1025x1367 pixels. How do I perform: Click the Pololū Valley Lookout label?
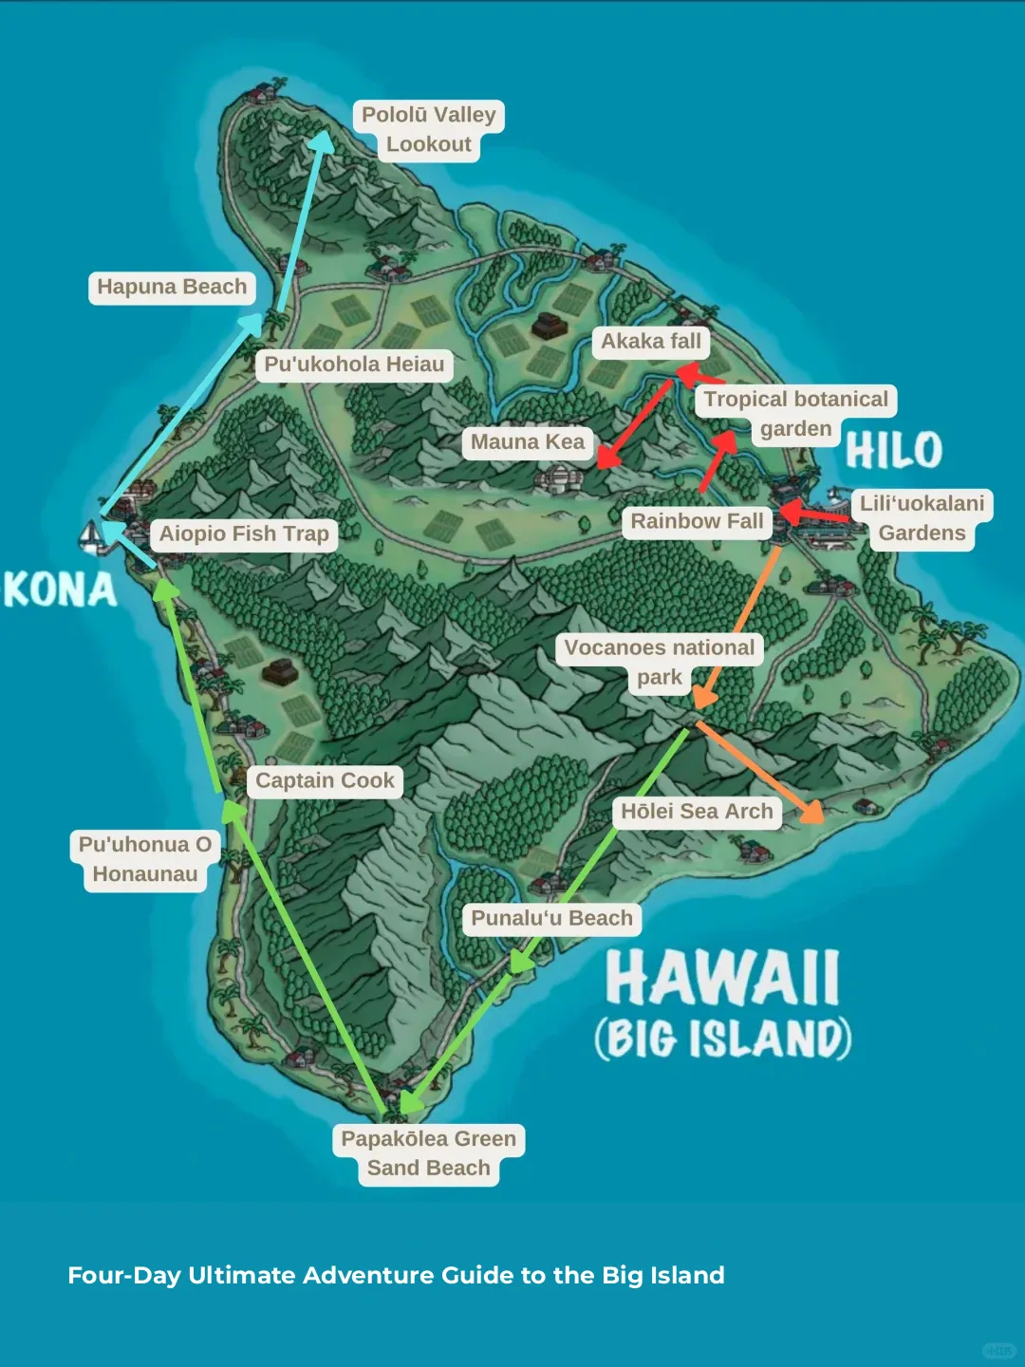(428, 129)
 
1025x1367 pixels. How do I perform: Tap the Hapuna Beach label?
(172, 287)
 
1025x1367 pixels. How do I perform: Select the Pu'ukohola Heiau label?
(354, 365)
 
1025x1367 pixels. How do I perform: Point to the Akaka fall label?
(651, 342)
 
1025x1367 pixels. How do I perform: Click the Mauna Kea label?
(528, 442)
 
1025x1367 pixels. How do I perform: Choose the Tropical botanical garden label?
(795, 414)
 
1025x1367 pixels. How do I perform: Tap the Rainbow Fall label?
(697, 521)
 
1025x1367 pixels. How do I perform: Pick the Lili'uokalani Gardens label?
(922, 518)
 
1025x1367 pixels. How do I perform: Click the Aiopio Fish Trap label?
(244, 534)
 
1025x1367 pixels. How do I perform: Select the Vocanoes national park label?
(660, 662)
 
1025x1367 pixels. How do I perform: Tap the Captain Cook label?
(325, 780)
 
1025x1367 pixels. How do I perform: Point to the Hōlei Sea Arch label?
(697, 812)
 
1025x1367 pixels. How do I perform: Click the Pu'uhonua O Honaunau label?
(145, 859)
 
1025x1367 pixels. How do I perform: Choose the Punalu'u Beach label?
(551, 918)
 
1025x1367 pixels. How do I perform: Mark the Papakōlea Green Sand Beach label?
(428, 1153)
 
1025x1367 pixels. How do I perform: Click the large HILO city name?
(893, 450)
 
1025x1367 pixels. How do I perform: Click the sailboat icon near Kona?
(91, 536)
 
